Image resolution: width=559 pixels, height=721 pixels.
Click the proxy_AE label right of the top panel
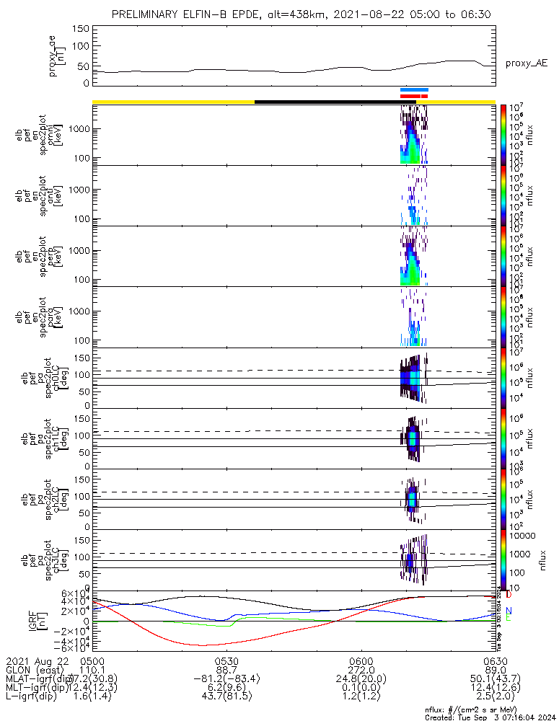click(526, 63)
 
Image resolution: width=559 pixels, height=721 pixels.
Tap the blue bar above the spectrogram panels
click(414, 90)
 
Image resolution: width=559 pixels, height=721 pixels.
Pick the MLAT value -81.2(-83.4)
click(226, 679)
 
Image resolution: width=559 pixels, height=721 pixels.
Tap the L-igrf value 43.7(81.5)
click(226, 698)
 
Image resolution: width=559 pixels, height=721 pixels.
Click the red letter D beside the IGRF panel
click(509, 596)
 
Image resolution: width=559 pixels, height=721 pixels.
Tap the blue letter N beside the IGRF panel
click(509, 611)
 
